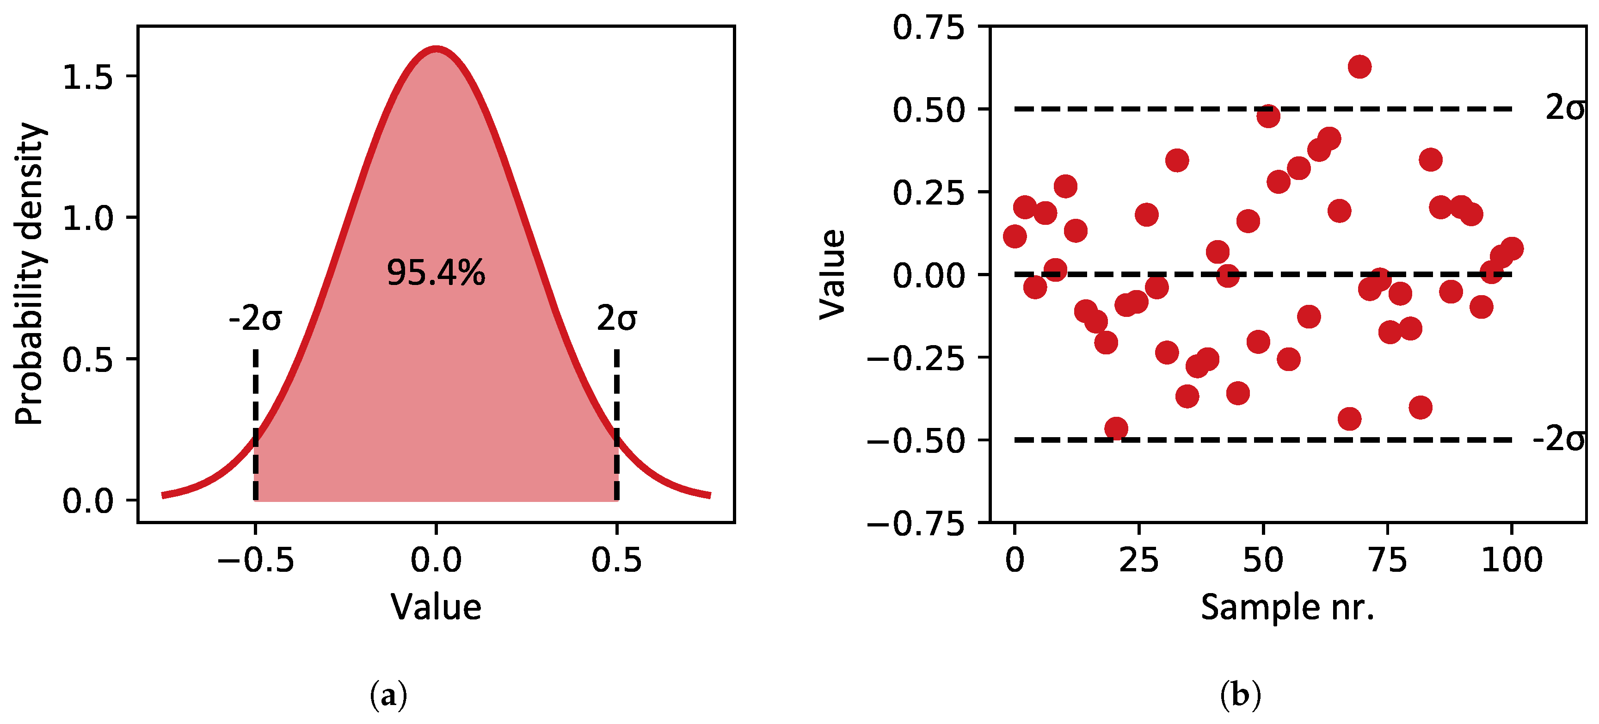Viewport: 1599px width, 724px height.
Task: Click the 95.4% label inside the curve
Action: coord(436,272)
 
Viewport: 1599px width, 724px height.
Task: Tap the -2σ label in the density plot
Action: coord(255,319)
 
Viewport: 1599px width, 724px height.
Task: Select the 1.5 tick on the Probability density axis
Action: coord(87,77)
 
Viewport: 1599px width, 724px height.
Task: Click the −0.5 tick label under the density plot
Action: coord(255,560)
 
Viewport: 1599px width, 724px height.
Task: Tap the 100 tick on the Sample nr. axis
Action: coord(1512,560)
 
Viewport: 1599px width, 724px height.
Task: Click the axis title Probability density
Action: coord(29,273)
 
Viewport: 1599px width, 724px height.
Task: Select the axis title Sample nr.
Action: coord(1287,607)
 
